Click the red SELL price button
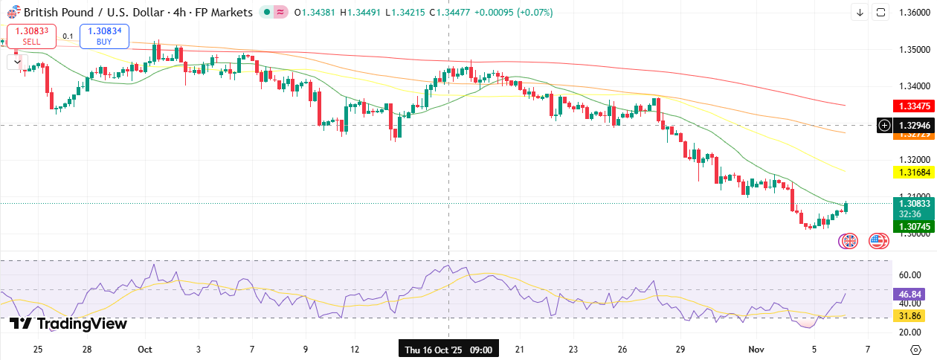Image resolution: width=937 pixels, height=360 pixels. (31, 36)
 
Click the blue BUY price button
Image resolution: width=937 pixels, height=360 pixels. (105, 36)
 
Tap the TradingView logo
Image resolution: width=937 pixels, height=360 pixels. (68, 324)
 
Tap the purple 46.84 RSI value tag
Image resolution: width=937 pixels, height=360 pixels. (911, 294)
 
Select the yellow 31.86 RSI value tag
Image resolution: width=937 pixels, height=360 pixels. (911, 316)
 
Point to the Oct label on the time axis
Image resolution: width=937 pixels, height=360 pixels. (145, 349)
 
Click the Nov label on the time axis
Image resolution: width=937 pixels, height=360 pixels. (756, 349)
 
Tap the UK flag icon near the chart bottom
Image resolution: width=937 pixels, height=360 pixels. (849, 241)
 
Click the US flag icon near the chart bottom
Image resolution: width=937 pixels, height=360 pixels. (879, 241)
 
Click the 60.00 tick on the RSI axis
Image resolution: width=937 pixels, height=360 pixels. (911, 275)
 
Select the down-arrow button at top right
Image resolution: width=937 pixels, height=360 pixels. (860, 12)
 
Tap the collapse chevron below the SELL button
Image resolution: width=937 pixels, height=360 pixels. (16, 62)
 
